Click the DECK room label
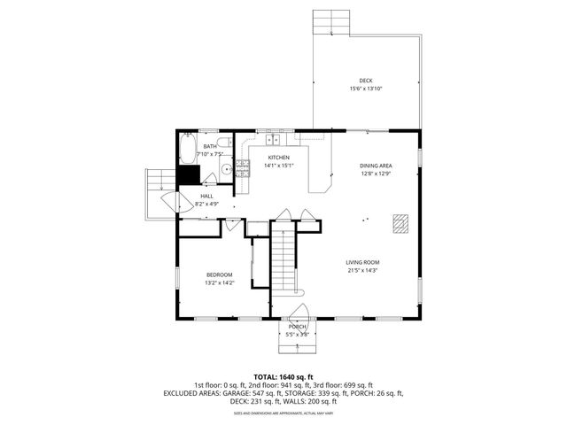click(x=366, y=80)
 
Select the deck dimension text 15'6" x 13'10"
click(x=366, y=89)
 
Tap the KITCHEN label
click(x=279, y=157)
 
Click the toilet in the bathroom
click(x=225, y=142)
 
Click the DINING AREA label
click(x=376, y=166)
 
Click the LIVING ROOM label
click(x=362, y=262)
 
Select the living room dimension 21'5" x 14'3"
click(x=362, y=271)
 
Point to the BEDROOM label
click(x=219, y=275)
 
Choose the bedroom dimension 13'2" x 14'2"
click(x=219, y=284)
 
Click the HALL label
click(x=206, y=196)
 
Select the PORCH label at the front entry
click(x=297, y=327)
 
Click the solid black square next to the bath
click(x=188, y=175)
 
